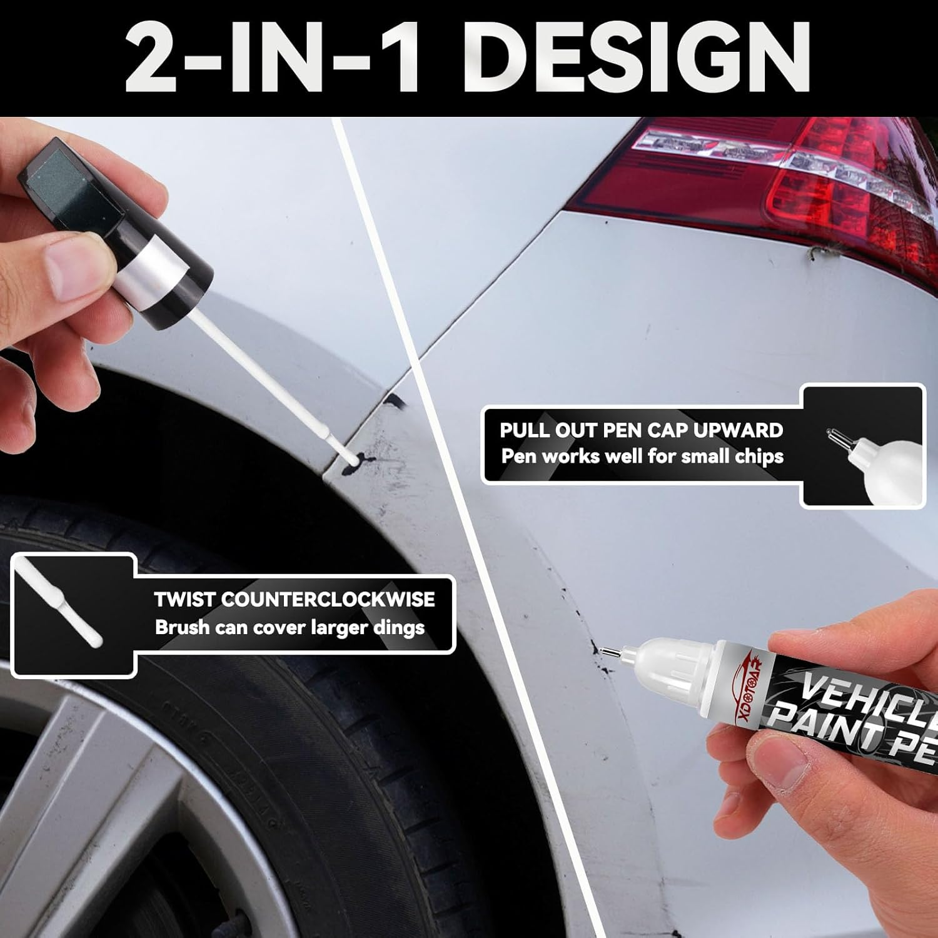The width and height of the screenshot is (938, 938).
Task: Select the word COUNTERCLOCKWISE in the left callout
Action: tap(328, 599)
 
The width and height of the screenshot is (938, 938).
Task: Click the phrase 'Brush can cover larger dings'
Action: tap(290, 627)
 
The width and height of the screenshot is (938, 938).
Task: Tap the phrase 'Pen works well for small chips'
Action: tap(642, 456)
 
